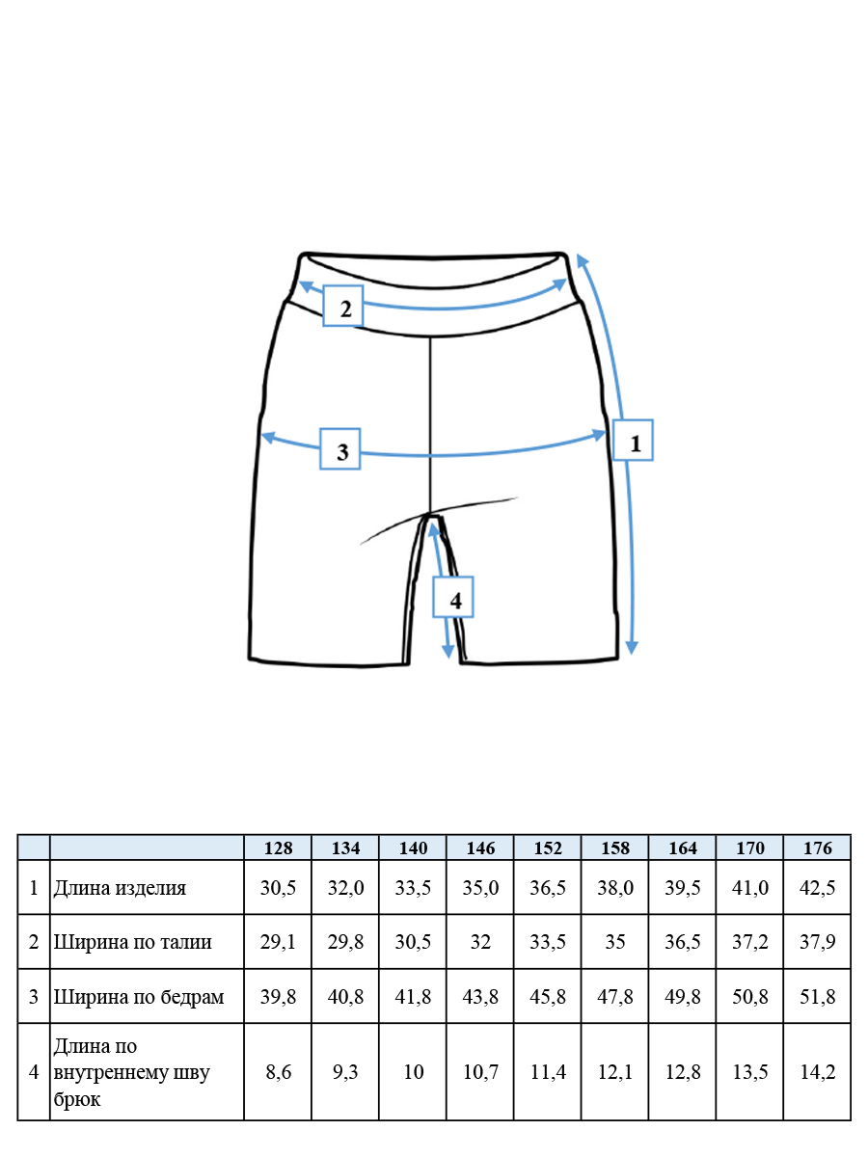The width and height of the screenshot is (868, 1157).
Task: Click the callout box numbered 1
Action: (x=633, y=440)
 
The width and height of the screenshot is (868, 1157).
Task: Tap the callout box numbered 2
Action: (x=342, y=306)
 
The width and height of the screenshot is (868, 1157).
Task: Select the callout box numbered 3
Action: (x=339, y=448)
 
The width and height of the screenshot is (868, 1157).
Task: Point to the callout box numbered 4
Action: (x=452, y=597)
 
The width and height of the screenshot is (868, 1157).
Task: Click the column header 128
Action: (x=278, y=848)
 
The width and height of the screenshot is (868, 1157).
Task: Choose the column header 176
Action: (x=817, y=848)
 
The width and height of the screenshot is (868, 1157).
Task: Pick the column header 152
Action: (x=548, y=848)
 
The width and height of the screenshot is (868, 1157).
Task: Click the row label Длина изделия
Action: (x=120, y=888)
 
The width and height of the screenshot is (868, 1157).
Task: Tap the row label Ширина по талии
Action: (x=132, y=942)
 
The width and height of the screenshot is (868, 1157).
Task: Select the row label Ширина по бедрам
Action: (x=139, y=997)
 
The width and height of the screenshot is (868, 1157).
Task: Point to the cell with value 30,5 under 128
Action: (x=278, y=888)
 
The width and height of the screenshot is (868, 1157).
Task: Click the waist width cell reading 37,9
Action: (x=817, y=942)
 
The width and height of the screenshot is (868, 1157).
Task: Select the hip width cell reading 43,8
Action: (x=480, y=997)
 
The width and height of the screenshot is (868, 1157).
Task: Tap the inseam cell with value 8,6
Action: (x=278, y=1071)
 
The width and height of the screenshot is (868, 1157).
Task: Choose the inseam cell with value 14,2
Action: (x=817, y=1071)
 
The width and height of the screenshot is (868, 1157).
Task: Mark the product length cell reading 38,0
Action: (x=615, y=888)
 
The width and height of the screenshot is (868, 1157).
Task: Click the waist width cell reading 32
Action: (x=480, y=942)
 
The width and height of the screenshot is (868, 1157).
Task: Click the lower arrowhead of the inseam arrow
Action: (x=448, y=652)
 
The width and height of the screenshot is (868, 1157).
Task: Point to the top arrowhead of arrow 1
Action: (x=582, y=260)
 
